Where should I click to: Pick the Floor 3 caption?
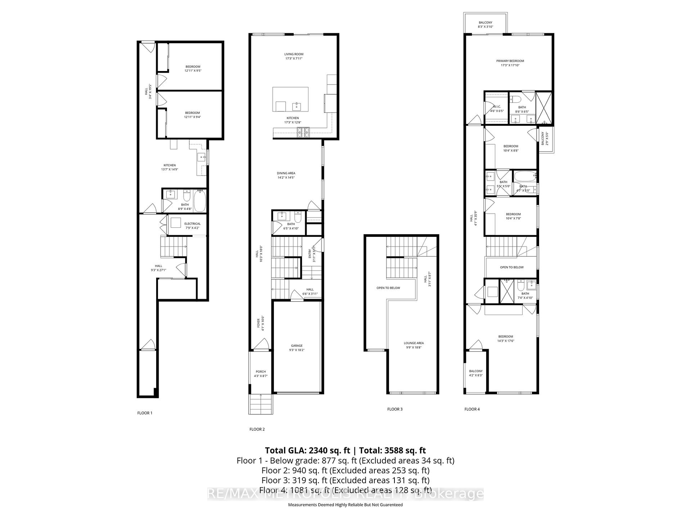395,409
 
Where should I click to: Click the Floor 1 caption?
145,413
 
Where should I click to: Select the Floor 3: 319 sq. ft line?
345,480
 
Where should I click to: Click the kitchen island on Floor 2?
290,99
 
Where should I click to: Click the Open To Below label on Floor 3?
388,288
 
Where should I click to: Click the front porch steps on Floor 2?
261,404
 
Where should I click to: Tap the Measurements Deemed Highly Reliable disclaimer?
345,505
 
